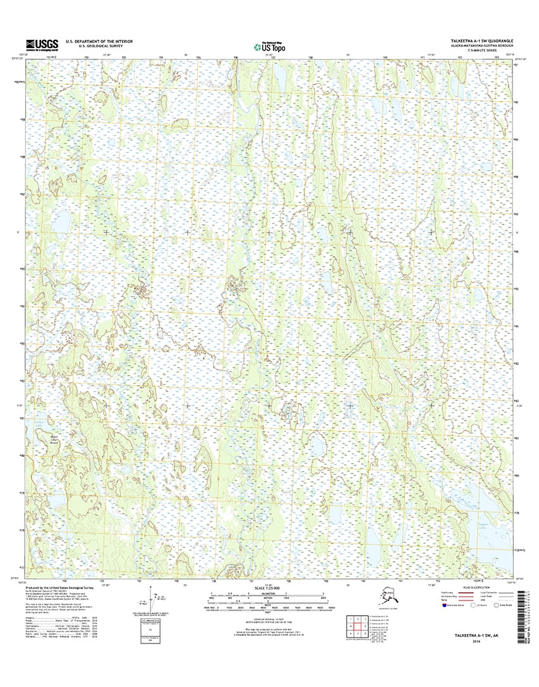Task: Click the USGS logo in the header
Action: (x=42, y=44)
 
